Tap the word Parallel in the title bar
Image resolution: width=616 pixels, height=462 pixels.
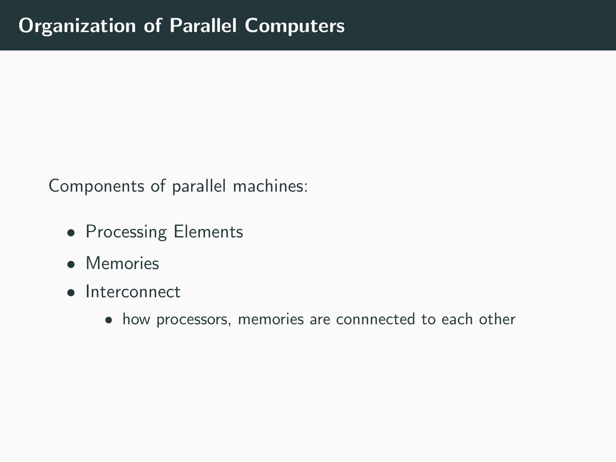tap(203, 26)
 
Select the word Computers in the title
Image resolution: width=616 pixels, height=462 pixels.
tap(295, 26)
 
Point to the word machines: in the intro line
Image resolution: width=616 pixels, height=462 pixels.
tap(270, 186)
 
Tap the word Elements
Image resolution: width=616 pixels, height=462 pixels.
tap(208, 232)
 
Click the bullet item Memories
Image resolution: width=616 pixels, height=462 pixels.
tap(122, 264)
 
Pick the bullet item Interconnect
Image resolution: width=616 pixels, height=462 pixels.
tap(133, 292)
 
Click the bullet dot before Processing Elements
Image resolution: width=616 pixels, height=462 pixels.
tap(71, 233)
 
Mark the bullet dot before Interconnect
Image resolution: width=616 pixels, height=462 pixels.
tap(71, 293)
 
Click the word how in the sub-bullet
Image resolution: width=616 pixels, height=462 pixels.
tap(136, 319)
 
